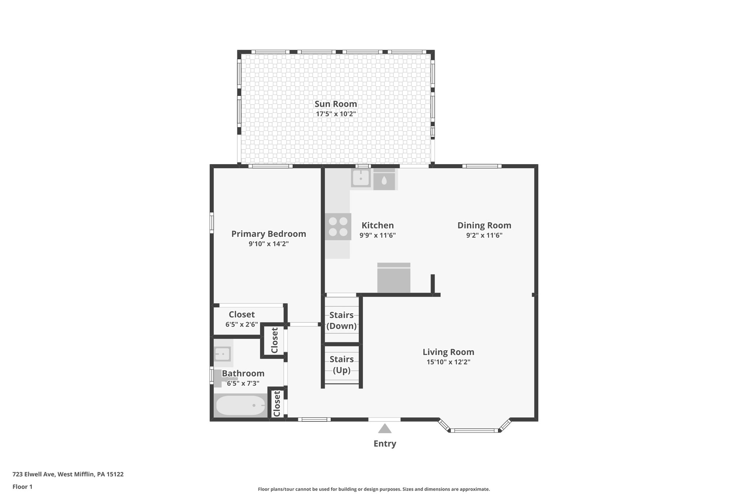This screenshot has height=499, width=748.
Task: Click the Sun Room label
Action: pos(336,104)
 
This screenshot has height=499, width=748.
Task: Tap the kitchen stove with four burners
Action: pos(338,227)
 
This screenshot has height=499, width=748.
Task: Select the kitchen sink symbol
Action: pos(360,178)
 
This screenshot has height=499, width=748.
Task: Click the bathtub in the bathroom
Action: pos(241,406)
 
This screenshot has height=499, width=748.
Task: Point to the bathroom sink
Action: pos(222,354)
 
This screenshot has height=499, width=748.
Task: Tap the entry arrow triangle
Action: pos(385,428)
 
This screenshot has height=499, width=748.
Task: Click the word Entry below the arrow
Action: pos(385,444)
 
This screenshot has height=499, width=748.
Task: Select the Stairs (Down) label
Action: pos(341,321)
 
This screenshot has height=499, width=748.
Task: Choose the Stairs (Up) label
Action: pos(341,365)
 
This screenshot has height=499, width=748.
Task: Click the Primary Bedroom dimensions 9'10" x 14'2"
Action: pos(268,244)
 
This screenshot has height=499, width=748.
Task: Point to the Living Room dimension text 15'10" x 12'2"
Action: pos(448,362)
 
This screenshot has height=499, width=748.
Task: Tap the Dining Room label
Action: pos(484,225)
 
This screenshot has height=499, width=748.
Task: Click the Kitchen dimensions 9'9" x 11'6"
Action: pos(377,235)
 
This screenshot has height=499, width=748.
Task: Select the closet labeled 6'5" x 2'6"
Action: pos(241,319)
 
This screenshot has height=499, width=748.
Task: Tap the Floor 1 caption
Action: pos(23,487)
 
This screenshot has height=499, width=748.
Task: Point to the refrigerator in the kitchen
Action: pos(394,278)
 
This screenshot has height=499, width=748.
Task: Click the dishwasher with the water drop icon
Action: pos(384,180)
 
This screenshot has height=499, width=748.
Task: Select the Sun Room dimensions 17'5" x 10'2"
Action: pos(336,114)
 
